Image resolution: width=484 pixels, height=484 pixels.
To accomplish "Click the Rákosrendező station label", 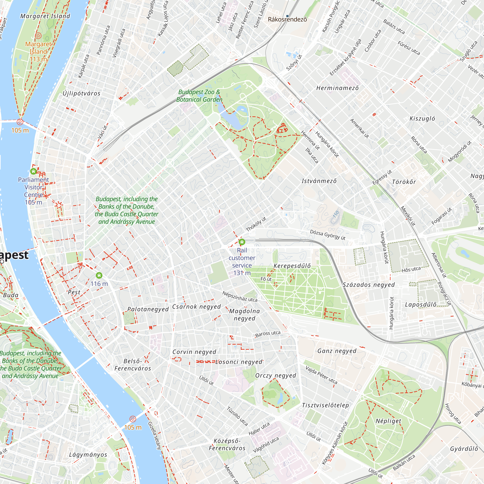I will tap(287, 20).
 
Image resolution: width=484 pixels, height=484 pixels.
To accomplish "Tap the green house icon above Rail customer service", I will tap(242, 242).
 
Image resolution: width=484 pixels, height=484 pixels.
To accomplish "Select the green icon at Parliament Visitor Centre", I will tap(33, 171).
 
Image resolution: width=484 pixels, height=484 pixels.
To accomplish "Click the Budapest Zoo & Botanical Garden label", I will tap(199, 96).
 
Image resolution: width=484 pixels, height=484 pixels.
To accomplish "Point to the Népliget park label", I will tap(388, 421).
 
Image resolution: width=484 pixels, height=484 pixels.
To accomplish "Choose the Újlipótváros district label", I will tap(81, 93).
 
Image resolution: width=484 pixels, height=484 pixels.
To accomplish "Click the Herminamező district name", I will tap(337, 88).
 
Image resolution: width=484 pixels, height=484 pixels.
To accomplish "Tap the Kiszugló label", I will tap(422, 119).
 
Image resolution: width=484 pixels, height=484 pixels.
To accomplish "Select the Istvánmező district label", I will tap(319, 181).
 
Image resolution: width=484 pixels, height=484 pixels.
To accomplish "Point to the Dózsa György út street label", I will tap(328, 235).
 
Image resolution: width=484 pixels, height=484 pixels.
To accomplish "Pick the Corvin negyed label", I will tap(194, 352).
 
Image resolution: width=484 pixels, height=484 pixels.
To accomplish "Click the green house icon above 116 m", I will tap(99, 276).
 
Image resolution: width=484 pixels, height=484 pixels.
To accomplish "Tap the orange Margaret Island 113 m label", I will tap(38, 52).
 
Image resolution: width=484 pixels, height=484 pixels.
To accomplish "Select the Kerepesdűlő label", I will tap(292, 266).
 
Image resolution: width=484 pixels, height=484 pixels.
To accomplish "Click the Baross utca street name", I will tap(268, 334).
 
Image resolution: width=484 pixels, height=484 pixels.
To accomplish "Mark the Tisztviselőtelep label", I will tap(325, 405).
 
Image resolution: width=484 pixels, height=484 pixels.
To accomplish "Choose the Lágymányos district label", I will tap(88, 455).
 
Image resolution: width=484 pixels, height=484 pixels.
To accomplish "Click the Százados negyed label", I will tap(369, 285).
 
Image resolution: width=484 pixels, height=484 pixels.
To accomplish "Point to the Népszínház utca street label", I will tap(240, 296).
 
